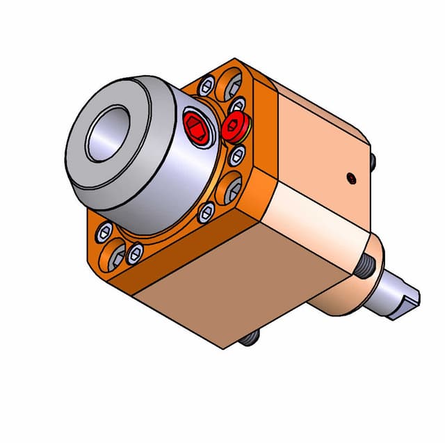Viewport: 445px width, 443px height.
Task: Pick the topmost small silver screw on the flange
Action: pyautogui.click(x=206, y=87)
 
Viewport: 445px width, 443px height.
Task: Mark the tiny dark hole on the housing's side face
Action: pyautogui.click(x=353, y=178)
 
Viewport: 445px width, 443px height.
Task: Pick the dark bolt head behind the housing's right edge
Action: pyautogui.click(x=373, y=163)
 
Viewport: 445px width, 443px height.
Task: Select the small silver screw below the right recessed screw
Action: pyautogui.click(x=207, y=214)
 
